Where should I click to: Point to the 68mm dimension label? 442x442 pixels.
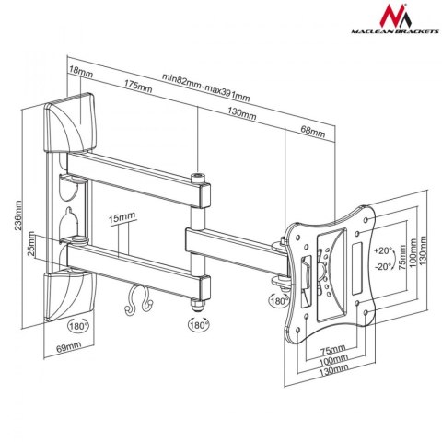tap(313, 133)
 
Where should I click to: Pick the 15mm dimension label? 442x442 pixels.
tap(121, 218)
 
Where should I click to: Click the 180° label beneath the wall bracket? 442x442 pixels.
tap(77, 325)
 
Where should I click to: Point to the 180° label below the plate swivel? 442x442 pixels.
tap(277, 300)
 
